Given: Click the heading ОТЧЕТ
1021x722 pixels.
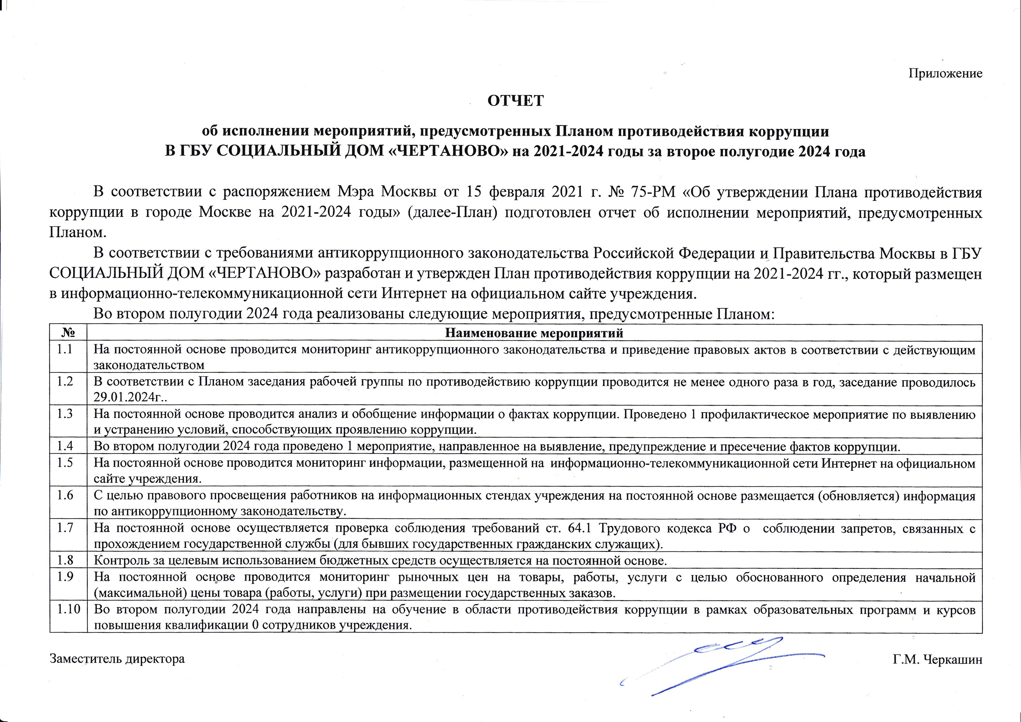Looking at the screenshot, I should (515, 101).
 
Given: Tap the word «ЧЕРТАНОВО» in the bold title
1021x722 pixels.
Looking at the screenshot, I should (449, 152).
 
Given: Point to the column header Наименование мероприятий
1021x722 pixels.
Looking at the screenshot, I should (534, 333).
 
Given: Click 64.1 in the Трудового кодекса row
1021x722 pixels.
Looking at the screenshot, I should (580, 529).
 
